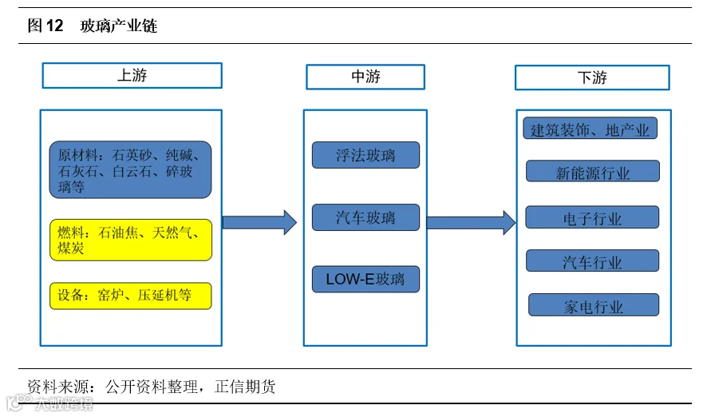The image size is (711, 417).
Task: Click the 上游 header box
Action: (x=132, y=75)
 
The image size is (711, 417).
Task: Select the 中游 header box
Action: (x=365, y=77)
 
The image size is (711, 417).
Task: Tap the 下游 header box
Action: (x=592, y=77)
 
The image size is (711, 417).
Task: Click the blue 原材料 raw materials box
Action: (x=131, y=169)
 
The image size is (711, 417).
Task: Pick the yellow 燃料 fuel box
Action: (x=131, y=240)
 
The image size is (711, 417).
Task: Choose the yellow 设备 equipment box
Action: (x=131, y=296)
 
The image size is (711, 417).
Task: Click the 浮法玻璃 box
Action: (x=365, y=155)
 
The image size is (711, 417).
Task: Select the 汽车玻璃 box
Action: (x=365, y=217)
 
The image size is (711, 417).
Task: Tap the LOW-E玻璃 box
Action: (x=365, y=279)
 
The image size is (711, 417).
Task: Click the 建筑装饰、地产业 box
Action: (x=590, y=129)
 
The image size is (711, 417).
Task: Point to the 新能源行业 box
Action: (x=593, y=171)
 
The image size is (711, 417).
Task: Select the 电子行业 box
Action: (x=592, y=217)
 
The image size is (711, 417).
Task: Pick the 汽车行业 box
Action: (x=592, y=260)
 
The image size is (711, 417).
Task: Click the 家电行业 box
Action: (x=594, y=305)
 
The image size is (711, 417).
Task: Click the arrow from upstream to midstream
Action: (x=259, y=222)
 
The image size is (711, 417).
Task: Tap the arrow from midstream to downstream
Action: (x=471, y=222)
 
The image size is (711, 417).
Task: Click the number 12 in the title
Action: (x=54, y=26)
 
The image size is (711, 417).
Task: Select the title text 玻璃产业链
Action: (x=119, y=26)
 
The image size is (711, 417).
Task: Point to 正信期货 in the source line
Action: (x=245, y=387)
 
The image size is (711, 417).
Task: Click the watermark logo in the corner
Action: (x=19, y=402)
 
